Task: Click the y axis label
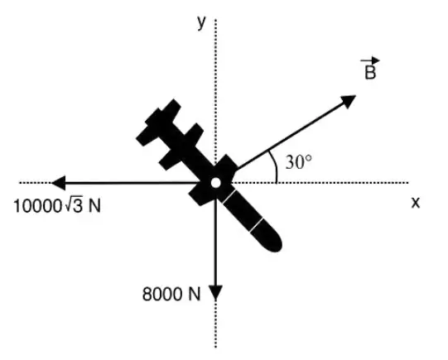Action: (x=201, y=22)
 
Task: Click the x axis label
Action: (x=416, y=203)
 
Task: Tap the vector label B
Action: (x=370, y=72)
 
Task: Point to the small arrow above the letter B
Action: (x=370, y=60)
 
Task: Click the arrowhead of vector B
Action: (x=348, y=101)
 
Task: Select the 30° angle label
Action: (x=299, y=162)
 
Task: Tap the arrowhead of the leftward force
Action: (x=59, y=183)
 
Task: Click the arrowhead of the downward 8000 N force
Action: (x=215, y=293)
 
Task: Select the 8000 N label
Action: (x=171, y=294)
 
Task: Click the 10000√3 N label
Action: (x=57, y=205)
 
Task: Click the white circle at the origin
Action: (x=215, y=183)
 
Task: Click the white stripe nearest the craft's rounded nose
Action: (x=256, y=225)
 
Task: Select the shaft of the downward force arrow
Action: (x=215, y=242)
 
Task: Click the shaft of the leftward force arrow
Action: (x=132, y=183)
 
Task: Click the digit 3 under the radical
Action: (x=78, y=206)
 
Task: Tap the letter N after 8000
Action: (x=195, y=294)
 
